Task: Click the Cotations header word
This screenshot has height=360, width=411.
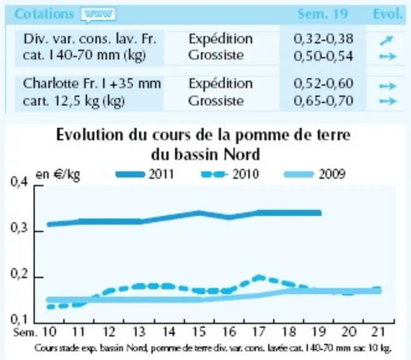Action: (44, 14)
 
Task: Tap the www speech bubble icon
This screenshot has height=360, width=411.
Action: (98, 15)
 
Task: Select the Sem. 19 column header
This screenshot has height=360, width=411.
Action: (322, 14)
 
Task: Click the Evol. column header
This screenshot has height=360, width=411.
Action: (387, 14)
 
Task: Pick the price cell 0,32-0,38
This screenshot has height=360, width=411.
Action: (323, 39)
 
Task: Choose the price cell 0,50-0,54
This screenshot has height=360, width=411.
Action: (323, 56)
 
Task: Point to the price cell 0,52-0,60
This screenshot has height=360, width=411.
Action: (323, 84)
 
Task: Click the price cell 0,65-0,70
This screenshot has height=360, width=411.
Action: (323, 101)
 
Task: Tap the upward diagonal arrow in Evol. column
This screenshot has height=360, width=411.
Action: (387, 41)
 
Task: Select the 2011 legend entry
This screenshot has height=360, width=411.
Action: (145, 174)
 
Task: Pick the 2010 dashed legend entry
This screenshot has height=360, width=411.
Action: (230, 174)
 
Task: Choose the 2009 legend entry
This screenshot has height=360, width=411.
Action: (315, 174)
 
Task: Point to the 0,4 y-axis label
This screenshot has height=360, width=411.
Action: (19, 181)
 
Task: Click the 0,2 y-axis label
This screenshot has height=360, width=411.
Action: (19, 274)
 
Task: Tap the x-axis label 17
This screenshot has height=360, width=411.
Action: (259, 332)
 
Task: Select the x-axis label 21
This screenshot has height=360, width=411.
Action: (378, 332)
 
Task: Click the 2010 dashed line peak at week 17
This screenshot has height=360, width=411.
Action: (259, 277)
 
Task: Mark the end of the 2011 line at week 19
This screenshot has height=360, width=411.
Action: (320, 213)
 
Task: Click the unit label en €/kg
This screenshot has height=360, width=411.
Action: (58, 174)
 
